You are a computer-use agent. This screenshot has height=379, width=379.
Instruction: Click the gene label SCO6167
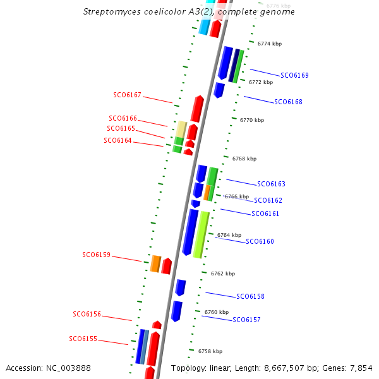[128, 95]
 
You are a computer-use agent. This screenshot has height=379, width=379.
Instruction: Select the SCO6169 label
[294, 75]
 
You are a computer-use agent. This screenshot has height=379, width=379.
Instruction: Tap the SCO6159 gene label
[96, 255]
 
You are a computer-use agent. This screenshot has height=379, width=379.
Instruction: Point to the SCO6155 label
[83, 339]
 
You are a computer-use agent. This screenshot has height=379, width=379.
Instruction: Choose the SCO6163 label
[271, 184]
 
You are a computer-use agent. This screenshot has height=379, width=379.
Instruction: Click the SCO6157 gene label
[246, 320]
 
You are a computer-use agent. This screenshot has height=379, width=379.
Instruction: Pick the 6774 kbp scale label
[270, 44]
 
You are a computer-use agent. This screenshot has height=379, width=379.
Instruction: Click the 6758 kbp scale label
[210, 351]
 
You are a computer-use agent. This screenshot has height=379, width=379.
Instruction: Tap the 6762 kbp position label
[223, 274]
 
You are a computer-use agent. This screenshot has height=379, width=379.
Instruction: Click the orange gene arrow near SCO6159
[155, 263]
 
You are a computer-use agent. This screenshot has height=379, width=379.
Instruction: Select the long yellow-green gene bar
[201, 235]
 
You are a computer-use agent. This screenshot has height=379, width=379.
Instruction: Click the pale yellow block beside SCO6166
[181, 129]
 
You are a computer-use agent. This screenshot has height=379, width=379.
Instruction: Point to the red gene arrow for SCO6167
[196, 109]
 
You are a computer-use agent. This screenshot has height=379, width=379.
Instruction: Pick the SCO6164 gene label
[117, 141]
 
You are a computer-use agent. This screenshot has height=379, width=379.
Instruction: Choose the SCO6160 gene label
[260, 242]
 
